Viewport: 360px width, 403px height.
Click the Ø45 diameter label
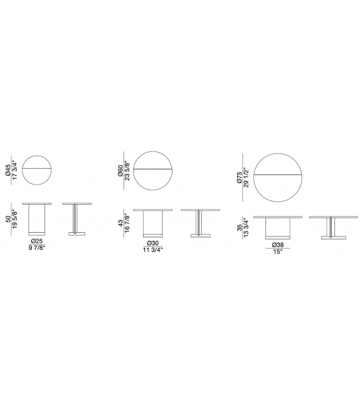[x=8, y=170]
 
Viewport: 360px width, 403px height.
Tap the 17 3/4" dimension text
[x=14, y=171]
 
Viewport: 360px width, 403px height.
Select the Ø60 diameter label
[x=120, y=171]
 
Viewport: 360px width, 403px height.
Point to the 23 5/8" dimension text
[x=127, y=171]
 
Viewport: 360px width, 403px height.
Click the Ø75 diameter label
[x=239, y=178]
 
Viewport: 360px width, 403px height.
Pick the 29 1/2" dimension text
[x=246, y=178]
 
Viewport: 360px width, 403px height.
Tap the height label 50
[x=8, y=219]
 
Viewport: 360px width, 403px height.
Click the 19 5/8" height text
[x=14, y=219]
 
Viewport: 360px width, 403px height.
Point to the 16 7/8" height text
[x=127, y=223]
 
